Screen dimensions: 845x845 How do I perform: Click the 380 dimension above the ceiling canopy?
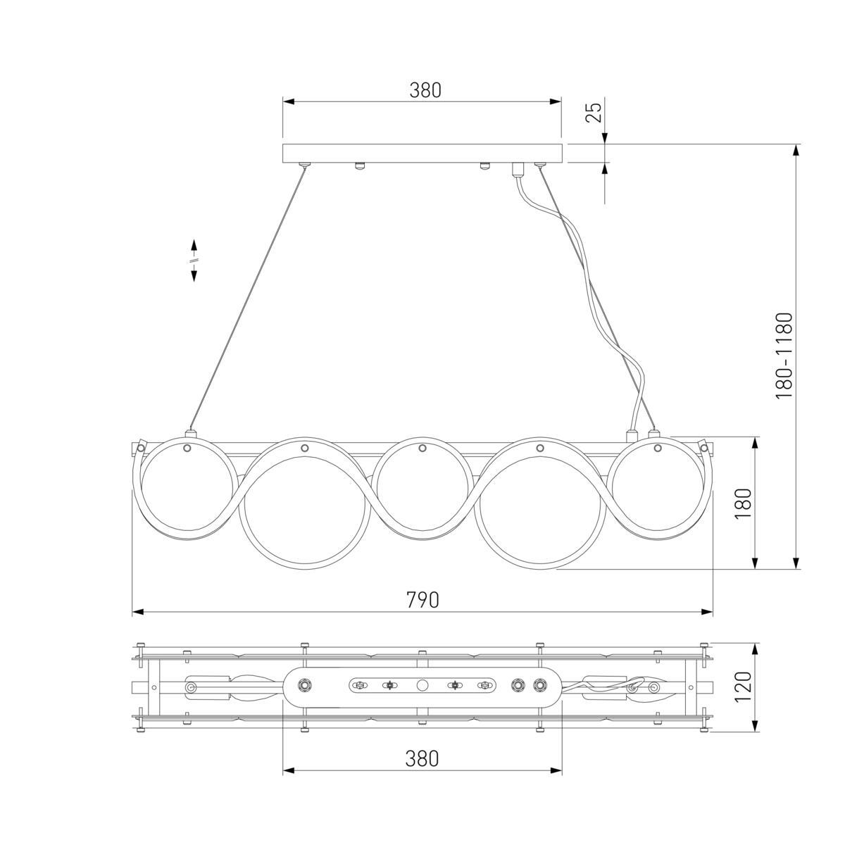coord(425,90)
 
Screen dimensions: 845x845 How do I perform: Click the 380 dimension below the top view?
coord(422,758)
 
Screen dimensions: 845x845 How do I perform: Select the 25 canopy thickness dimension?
coord(594,112)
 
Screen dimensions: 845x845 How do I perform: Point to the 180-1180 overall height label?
coord(784,356)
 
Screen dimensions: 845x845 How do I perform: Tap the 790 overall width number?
coord(423,600)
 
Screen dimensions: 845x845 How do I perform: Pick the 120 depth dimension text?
coord(744,687)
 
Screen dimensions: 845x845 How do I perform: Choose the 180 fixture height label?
coord(744,503)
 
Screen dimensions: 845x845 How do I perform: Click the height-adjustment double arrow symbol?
coord(194,260)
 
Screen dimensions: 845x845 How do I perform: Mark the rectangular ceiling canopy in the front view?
coord(423,154)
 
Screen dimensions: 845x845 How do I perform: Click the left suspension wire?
coord(246,299)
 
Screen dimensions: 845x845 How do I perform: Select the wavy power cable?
coord(599,296)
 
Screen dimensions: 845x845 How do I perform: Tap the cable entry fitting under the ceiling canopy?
coord(519,169)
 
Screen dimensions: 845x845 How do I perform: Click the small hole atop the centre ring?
coord(423,448)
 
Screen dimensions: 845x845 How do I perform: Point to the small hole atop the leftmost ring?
coord(187,448)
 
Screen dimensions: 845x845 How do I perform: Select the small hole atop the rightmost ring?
coord(658,448)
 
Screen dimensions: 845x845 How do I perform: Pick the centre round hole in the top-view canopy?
coord(423,685)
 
